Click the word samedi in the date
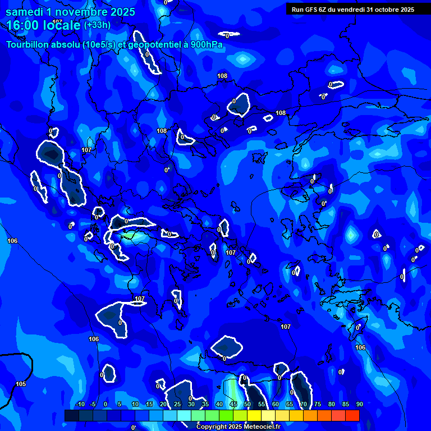[x=24, y=12]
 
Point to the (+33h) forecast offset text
[x=97, y=25]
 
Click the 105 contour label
[x=21, y=384]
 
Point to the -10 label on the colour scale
[x=80, y=404]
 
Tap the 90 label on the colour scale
[x=359, y=404]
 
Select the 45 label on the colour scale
[x=233, y=404]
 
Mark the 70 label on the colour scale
[x=303, y=404]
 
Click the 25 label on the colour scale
[x=177, y=404]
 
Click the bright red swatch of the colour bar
[x=352, y=415]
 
